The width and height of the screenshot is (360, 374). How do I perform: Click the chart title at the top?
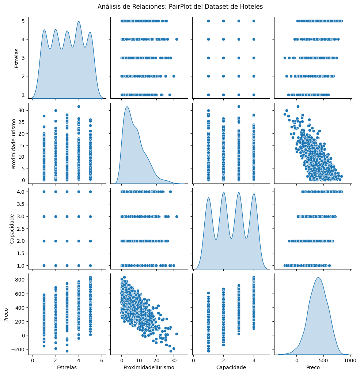[180, 7]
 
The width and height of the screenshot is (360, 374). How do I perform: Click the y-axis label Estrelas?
[16, 57]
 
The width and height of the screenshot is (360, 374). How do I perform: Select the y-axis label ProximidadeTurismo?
[14, 143]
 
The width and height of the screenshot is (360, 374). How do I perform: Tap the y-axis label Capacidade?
[12, 229]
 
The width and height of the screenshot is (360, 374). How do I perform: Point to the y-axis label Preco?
[6, 314]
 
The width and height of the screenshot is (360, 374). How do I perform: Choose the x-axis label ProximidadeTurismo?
[149, 367]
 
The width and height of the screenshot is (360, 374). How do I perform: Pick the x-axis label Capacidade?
[231, 367]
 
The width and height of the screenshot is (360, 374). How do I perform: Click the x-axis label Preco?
[313, 367]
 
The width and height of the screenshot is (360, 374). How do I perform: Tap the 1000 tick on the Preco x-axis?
[350, 360]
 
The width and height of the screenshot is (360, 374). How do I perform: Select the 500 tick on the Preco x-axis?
[323, 360]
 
